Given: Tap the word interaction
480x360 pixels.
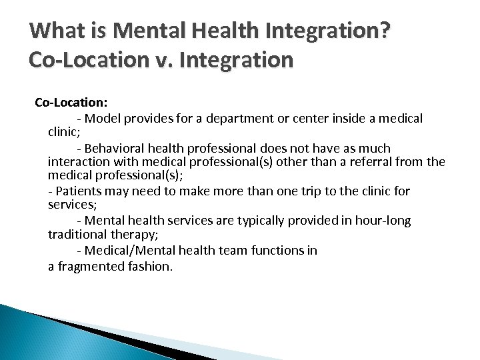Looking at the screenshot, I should (81, 162).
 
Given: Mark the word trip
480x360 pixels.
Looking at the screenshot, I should (285, 191).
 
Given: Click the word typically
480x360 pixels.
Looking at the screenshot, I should (257, 220).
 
